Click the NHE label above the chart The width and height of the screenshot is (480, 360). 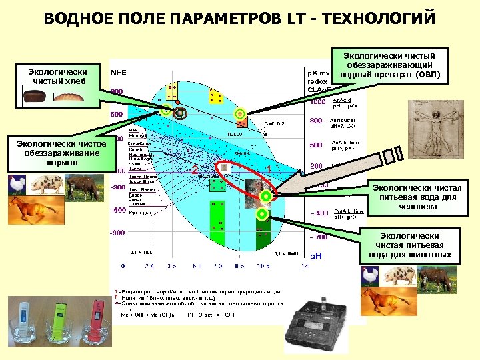118,71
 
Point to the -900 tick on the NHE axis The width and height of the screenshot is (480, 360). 117,233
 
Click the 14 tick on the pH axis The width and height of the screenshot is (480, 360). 305,266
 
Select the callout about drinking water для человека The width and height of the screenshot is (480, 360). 417,197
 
